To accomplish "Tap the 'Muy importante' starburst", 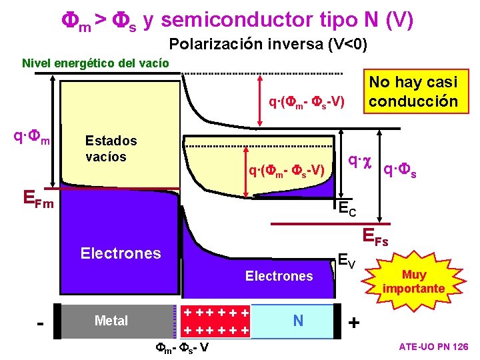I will pos(413,281).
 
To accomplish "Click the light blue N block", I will pos(297,321).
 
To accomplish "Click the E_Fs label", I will pos(375,237).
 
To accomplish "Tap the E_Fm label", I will pos(39,197).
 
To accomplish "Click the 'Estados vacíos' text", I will pos(111,149).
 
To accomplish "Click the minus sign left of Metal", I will pos(41,323).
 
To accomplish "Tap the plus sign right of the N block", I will pos(353,323).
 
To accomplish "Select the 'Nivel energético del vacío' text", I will pos(95,63).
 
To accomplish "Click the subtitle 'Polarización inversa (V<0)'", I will pos(268,45).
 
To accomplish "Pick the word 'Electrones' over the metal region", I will pos(120,253).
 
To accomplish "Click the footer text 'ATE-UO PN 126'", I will pos(433,347).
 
